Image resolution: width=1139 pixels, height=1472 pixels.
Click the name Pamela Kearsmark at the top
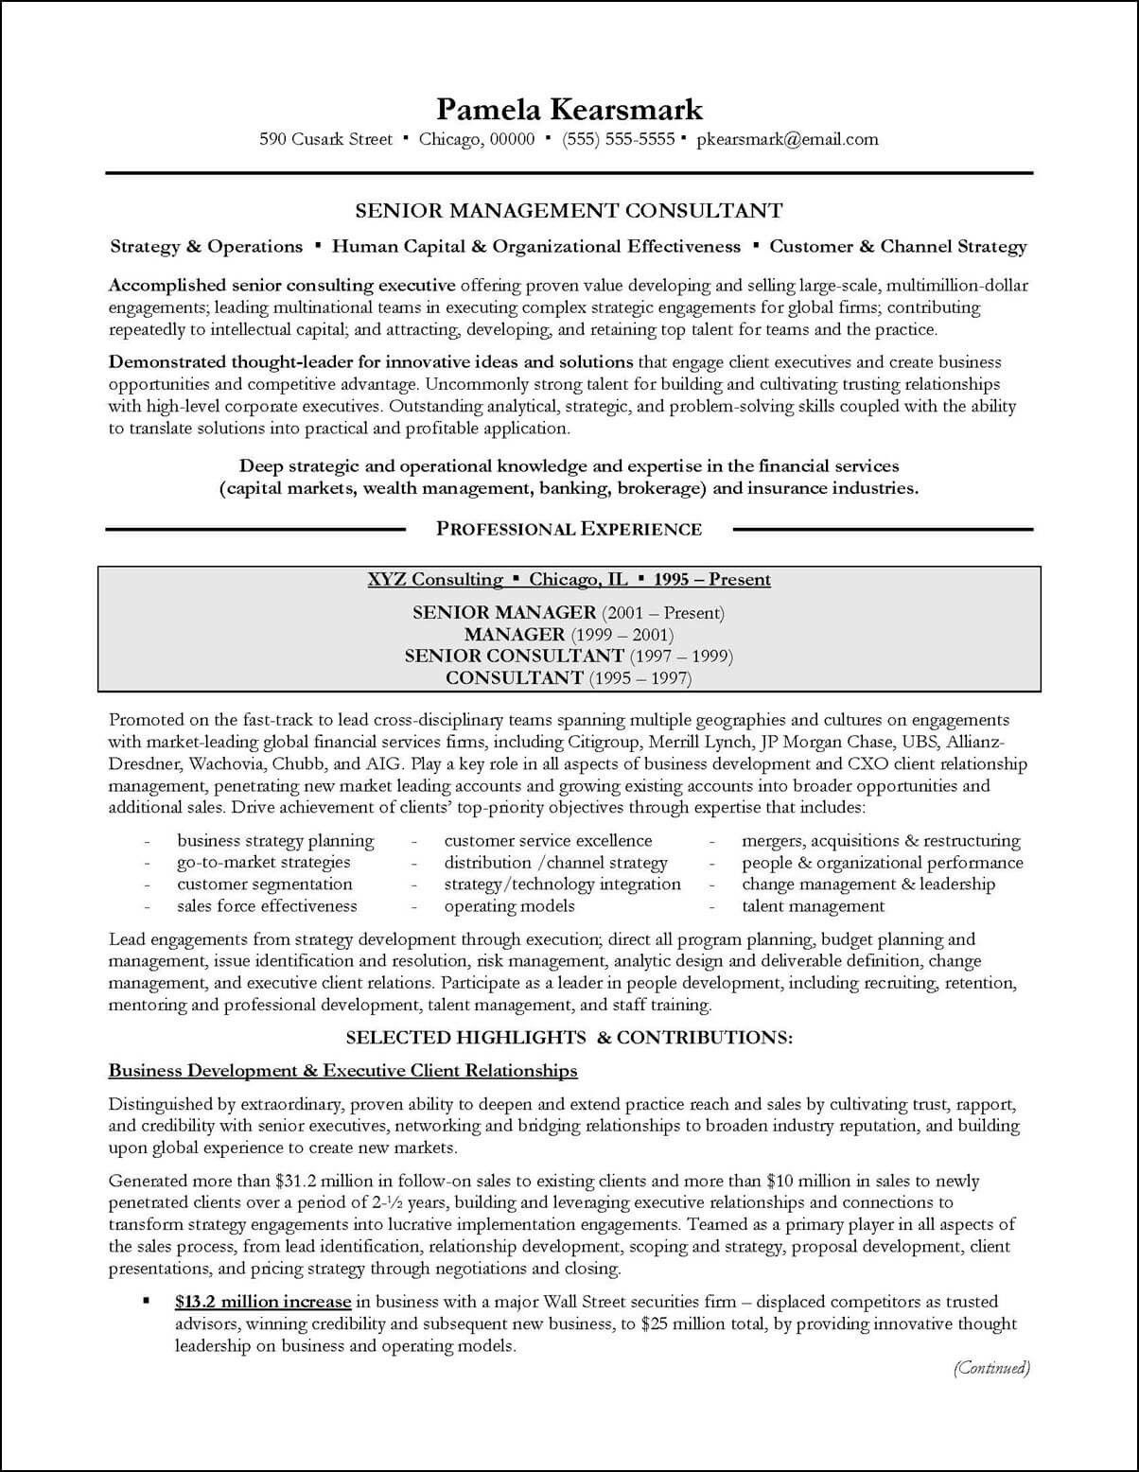click(x=569, y=109)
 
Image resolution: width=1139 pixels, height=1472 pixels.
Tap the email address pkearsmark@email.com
click(x=787, y=139)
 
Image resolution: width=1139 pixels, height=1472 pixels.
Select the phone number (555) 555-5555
click(x=618, y=139)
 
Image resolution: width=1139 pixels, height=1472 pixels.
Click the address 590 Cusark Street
click(x=325, y=139)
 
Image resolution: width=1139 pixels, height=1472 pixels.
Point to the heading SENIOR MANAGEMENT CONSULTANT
click(x=569, y=210)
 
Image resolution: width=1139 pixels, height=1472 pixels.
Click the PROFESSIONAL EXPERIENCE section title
click(x=569, y=529)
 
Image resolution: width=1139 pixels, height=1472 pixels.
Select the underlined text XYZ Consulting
click(x=435, y=579)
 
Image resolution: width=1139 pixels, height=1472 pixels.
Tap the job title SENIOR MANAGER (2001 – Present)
click(x=568, y=612)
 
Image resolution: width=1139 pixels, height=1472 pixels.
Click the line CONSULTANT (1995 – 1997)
click(x=568, y=677)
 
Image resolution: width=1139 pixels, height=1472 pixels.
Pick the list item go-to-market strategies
click(x=263, y=862)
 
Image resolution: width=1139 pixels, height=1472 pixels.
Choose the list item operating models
click(x=509, y=905)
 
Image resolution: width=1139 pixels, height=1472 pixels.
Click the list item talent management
click(x=813, y=905)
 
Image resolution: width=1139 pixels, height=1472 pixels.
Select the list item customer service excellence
click(x=548, y=840)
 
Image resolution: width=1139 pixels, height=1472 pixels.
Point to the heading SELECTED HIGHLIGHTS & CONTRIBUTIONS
click(x=569, y=1037)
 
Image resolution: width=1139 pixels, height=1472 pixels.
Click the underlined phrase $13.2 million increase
click(x=263, y=1302)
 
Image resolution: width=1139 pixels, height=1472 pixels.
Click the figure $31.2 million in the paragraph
click(x=322, y=1181)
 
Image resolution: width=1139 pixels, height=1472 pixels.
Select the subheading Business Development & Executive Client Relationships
click(x=342, y=1070)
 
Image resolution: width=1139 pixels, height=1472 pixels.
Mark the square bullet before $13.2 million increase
click(x=147, y=1302)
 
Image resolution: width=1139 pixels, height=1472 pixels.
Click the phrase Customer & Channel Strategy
click(x=897, y=246)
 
